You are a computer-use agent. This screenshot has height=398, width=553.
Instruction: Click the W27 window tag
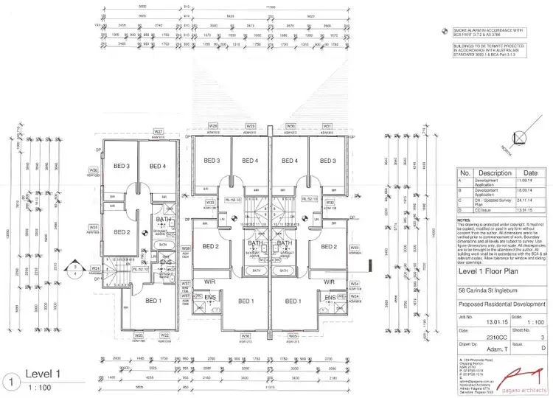click(x=158, y=133)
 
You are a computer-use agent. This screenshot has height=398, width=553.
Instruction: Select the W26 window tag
click(x=94, y=170)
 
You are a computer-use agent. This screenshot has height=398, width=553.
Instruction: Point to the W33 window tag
click(x=355, y=248)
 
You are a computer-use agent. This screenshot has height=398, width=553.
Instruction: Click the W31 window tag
click(x=327, y=126)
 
